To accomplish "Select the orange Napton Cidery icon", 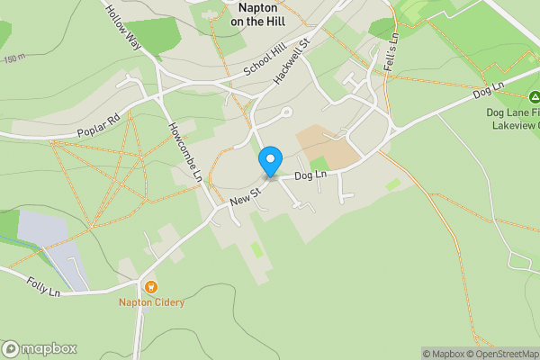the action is pos(151,287).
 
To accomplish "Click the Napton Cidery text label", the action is pos(151,302).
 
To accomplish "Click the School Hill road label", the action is pos(263,63).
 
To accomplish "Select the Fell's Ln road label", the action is pos(391,49).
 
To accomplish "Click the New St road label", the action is pos(244,194).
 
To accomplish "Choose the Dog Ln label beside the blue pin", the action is pos(309,176).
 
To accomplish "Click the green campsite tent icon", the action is pos(533,96).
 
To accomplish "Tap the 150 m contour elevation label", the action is pos(13,58).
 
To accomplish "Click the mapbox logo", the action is pos(40,349).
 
